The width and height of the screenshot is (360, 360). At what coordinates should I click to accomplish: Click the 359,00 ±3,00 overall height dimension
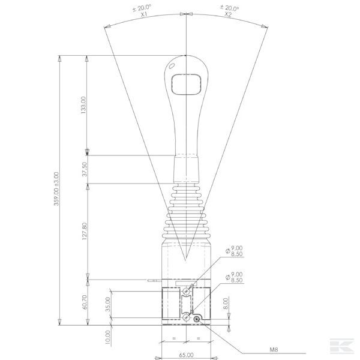[56, 189]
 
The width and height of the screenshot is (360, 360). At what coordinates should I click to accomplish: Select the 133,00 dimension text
[83, 105]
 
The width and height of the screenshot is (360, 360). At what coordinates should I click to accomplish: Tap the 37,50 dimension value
[85, 169]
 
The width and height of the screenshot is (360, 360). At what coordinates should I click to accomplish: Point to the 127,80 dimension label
[85, 231]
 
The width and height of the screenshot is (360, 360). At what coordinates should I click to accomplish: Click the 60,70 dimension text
[85, 302]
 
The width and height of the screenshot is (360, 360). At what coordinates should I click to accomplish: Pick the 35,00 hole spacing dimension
[108, 304]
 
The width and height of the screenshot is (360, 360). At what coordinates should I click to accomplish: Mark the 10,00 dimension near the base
[108, 337]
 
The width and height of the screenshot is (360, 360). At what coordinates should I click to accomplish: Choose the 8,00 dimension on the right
[226, 303]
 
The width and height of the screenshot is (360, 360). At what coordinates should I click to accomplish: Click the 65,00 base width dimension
[186, 355]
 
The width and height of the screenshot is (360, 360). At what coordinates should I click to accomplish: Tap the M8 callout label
[274, 350]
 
